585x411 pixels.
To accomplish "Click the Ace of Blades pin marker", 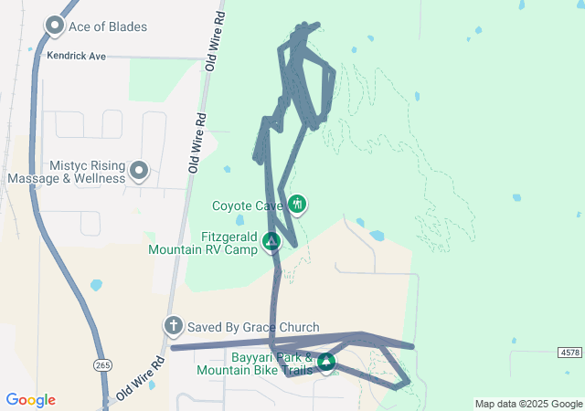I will (54, 26).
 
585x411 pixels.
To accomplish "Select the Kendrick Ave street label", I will (77, 56).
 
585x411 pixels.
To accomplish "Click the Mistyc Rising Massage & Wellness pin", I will (139, 170).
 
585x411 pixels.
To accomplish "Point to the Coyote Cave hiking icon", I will (296, 204).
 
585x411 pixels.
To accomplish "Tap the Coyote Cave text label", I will (247, 205).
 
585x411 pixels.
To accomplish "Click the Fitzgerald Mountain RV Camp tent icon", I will (271, 241).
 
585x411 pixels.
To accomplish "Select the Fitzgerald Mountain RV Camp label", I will (203, 244).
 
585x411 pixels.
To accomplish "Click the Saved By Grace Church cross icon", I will (173, 326).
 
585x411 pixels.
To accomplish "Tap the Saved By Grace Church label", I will (253, 327).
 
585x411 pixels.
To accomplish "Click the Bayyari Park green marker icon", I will (325, 363).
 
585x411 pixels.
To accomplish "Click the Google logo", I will (30, 400).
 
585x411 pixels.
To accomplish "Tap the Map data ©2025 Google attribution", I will (528, 404).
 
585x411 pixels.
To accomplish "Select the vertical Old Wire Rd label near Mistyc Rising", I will (197, 142).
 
